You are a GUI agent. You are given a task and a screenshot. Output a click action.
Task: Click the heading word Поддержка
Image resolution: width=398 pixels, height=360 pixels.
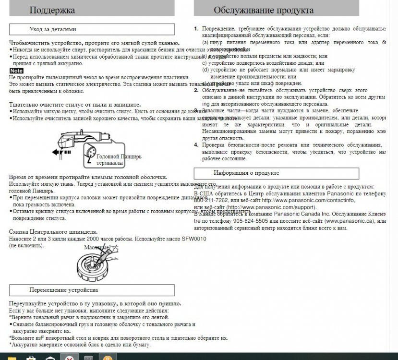pyautogui.click(x=52, y=10)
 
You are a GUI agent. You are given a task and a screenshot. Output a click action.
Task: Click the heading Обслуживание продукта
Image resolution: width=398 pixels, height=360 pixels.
pyautogui.click(x=264, y=10)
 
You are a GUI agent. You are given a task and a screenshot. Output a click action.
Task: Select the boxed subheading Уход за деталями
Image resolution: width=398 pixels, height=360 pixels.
pyautogui.click(x=52, y=29)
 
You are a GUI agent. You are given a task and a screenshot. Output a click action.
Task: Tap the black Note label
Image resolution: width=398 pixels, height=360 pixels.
pyautogui.click(x=16, y=71)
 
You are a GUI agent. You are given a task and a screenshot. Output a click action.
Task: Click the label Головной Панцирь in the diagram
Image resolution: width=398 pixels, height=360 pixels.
pyautogui.click(x=119, y=157)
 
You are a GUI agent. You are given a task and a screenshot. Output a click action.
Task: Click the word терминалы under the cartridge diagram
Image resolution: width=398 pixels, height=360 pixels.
pyautogui.click(x=110, y=163)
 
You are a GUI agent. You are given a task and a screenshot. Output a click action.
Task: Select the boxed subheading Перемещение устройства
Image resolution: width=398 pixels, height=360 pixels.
pyautogui.click(x=63, y=290)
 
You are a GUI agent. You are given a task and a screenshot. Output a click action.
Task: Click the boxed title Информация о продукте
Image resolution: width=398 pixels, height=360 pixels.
pyautogui.click(x=246, y=173)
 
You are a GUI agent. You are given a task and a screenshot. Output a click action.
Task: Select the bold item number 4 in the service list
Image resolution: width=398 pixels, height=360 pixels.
pyautogui.click(x=196, y=144)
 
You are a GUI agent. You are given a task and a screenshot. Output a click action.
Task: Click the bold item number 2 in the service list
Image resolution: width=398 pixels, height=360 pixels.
pyautogui.click(x=196, y=90)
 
